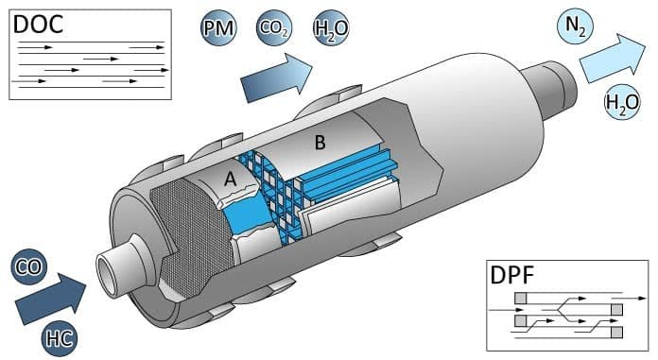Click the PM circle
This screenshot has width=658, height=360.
point(218,28)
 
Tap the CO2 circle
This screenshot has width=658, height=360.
point(274,28)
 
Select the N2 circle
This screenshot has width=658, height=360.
point(575,26)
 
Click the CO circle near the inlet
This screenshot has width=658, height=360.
point(29,266)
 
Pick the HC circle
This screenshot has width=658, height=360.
point(60,338)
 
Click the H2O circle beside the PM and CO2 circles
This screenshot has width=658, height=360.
point(331,28)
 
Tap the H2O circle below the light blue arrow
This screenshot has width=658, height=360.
point(622,102)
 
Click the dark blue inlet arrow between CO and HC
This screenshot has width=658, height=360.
point(51,300)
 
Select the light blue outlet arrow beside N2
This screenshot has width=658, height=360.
point(613,59)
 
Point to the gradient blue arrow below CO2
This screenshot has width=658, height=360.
point(277,78)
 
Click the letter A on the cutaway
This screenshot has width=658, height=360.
point(230,180)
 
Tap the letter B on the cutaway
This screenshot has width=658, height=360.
point(320,143)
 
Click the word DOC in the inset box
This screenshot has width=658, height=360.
point(38,25)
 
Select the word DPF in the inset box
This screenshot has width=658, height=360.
point(512,275)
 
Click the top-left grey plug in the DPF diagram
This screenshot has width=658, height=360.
point(520,299)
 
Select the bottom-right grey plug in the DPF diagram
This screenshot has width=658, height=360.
point(616,333)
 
